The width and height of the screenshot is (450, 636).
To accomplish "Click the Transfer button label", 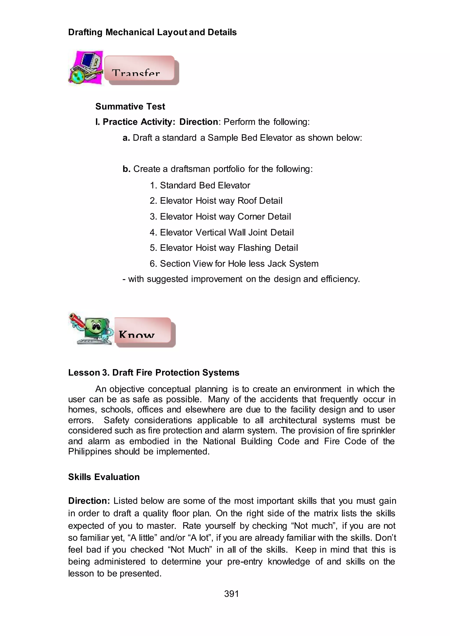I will click(x=136, y=73).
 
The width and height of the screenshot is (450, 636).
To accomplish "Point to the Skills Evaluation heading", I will click(x=104, y=477).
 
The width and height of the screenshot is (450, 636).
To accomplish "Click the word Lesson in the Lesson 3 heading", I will click(x=84, y=373).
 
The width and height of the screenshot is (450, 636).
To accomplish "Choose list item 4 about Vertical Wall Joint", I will click(x=222, y=232).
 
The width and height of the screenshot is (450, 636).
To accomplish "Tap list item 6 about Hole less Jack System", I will click(x=234, y=263).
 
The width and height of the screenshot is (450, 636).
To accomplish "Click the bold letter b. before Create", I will click(x=126, y=169).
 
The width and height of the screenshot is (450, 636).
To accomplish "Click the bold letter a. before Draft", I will click(x=126, y=138).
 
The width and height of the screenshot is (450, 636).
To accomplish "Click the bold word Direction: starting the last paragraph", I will click(x=89, y=501).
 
